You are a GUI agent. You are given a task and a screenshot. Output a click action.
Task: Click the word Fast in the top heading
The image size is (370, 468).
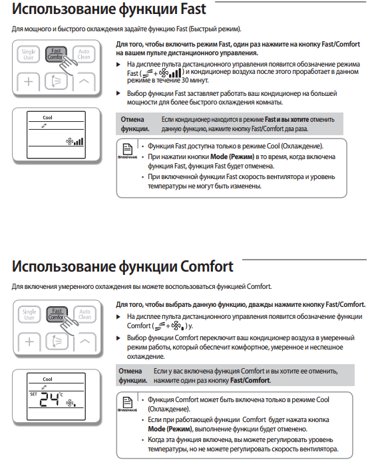click(193, 9)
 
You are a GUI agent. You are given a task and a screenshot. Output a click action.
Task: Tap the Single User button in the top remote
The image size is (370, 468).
click(29, 55)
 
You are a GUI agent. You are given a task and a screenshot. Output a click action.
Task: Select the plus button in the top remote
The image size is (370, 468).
click(29, 81)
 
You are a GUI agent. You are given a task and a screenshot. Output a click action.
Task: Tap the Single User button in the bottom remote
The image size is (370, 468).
click(29, 314)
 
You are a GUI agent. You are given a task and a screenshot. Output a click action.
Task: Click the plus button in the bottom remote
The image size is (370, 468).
click(29, 342)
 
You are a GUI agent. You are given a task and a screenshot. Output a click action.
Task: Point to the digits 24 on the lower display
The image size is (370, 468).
click(49, 399)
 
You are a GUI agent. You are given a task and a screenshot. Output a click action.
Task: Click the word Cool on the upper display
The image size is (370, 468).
click(47, 118)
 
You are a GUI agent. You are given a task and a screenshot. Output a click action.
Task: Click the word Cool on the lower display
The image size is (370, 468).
click(47, 379)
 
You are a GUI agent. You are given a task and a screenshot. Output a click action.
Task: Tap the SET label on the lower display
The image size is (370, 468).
click(33, 394)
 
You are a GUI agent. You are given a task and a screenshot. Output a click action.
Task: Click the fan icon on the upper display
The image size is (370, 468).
click(69, 141)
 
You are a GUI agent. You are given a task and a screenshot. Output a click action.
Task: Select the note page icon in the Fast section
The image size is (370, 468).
click(128, 148)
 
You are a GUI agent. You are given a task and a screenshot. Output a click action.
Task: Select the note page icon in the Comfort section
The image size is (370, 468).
click(128, 401)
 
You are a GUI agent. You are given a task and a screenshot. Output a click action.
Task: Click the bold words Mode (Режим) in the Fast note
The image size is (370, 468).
click(232, 156)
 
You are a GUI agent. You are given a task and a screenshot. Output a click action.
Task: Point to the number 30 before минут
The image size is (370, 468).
click(185, 80)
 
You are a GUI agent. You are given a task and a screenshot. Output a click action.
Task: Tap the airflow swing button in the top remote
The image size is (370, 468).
click(56, 81)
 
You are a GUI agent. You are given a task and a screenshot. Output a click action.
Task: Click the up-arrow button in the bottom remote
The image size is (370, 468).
click(85, 342)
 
